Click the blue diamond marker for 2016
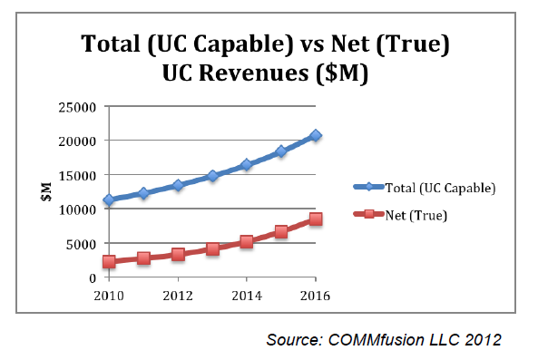coord(315,135)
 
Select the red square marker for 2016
coord(315,219)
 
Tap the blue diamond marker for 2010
coord(109,199)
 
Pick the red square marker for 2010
coord(109,261)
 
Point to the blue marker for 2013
coord(212,176)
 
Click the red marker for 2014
coord(247,241)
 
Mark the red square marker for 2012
coord(178,254)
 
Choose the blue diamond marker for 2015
coord(281,151)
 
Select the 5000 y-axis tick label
coord(83,243)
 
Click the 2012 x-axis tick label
coord(178,295)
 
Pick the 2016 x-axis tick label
coord(315,295)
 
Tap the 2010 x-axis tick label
coord(109,295)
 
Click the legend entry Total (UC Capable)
coord(426,188)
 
